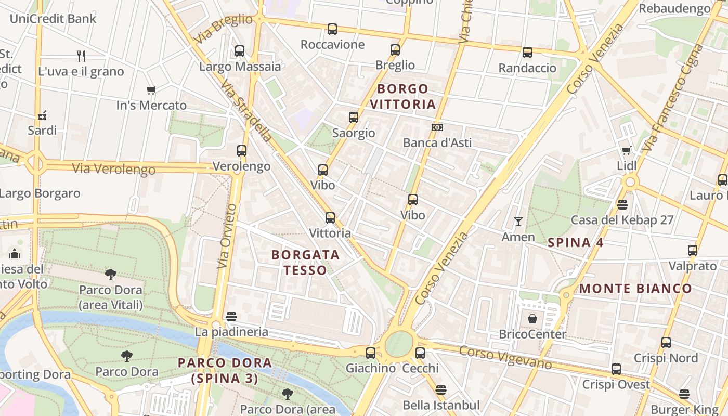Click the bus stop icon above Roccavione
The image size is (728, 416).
click(332, 29)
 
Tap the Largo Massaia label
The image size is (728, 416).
click(240, 67)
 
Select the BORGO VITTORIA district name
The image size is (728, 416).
click(402, 96)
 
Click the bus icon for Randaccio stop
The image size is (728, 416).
click(527, 53)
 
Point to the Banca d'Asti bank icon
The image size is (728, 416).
click(437, 127)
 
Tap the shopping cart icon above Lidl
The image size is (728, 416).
click(627, 150)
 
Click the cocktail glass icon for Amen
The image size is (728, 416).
click(518, 222)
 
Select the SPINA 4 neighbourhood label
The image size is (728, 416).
click(576, 242)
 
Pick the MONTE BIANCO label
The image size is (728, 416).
click(635, 289)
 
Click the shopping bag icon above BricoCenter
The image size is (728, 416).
click(532, 318)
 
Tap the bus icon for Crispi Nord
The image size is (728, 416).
click(666, 343)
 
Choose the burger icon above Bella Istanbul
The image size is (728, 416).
click(441, 389)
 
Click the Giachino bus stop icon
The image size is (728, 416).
click(371, 353)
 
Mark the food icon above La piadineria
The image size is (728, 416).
click(232, 316)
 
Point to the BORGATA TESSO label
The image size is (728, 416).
click(305, 263)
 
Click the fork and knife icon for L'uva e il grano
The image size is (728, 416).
click(81, 56)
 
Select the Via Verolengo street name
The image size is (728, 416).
click(114, 169)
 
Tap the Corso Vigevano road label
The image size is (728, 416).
click(505, 358)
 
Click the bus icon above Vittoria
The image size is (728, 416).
click(330, 218)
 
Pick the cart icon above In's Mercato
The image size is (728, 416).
click(151, 90)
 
